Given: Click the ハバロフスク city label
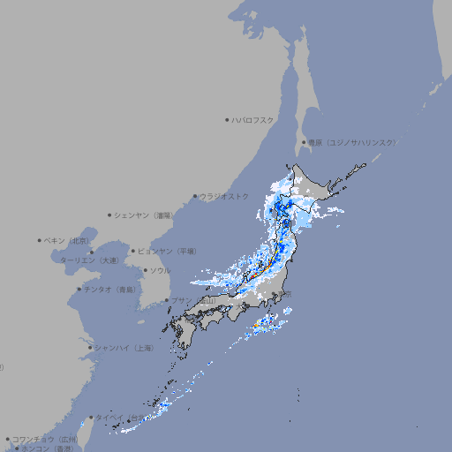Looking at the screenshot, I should point(252,119).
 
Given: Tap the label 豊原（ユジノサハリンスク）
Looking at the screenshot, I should point(351,142).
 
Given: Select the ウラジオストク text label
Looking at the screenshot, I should point(224,196).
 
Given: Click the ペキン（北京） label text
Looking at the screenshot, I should point(68,240).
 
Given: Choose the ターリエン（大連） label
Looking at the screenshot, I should point(89,260).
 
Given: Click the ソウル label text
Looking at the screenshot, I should point(160,270).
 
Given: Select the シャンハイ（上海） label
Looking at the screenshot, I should point(124,348).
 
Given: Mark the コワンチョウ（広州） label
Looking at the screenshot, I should point(44,439).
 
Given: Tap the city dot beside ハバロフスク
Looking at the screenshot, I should point(227,119).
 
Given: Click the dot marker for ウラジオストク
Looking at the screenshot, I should point(195,197).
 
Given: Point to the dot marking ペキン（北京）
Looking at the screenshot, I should point(40,240).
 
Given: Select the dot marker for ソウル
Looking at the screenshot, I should point(145,270).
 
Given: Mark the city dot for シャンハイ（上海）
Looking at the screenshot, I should point(90,348).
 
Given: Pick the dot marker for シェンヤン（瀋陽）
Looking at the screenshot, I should point(110,215).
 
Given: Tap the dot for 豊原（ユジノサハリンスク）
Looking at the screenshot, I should point(304,142).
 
